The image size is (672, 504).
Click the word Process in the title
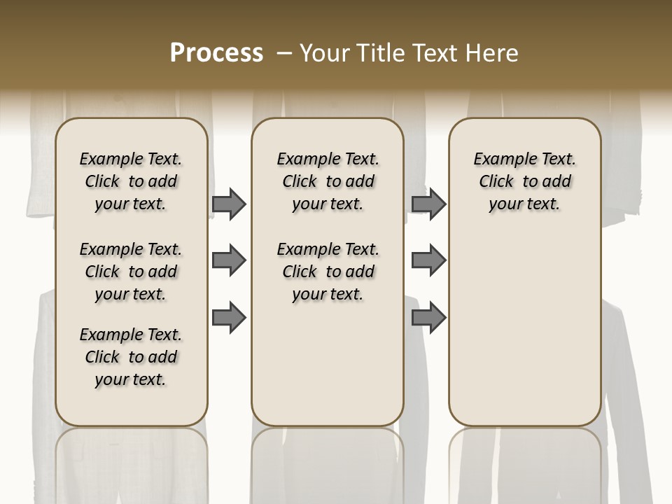pos(216,53)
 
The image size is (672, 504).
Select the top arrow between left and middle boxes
pos(229,204)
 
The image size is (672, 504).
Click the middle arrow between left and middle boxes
pos(229,260)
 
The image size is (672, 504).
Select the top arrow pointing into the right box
pos(428,204)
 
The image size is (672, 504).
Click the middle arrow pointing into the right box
pos(428,260)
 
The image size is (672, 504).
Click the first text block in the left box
pos(131,181)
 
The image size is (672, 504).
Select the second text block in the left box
pos(131,272)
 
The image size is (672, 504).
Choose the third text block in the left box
pos(131,357)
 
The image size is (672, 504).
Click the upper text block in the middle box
pos(328,181)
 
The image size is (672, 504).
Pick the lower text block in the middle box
pos(328,272)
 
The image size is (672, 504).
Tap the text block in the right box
pos(525,181)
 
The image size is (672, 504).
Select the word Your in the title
pos(323,53)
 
